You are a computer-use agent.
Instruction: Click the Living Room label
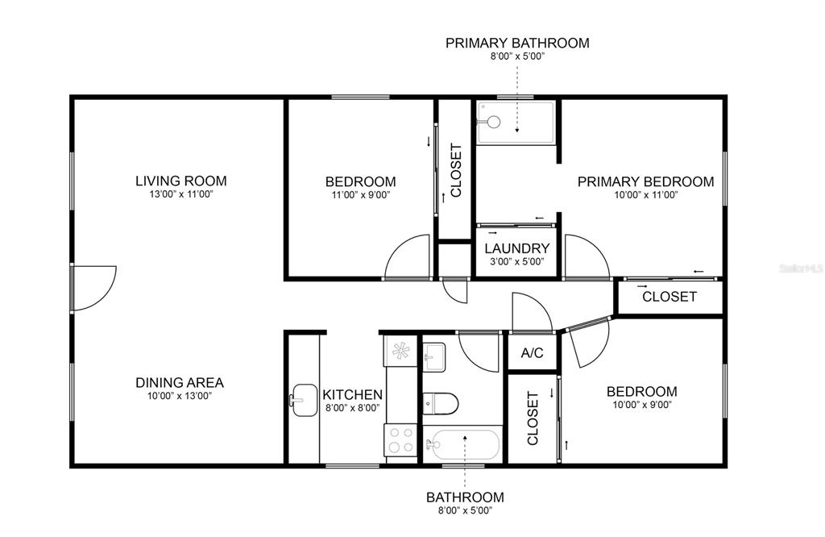pyautogui.click(x=181, y=181)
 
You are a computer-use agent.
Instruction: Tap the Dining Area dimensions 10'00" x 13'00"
pyautogui.click(x=180, y=396)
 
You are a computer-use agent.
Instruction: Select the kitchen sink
pyautogui.click(x=305, y=400)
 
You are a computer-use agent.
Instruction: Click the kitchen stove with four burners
pyautogui.click(x=400, y=440)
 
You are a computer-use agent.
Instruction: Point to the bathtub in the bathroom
pyautogui.click(x=462, y=445)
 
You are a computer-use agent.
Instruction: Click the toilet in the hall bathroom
pyautogui.click(x=441, y=404)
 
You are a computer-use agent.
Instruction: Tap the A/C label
pyautogui.click(x=532, y=352)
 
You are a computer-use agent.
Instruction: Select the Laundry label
pyautogui.click(x=516, y=248)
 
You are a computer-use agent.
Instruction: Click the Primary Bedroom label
pyautogui.click(x=645, y=181)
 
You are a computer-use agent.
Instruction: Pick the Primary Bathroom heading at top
pyautogui.click(x=517, y=43)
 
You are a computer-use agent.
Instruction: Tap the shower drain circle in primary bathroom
pyautogui.click(x=494, y=122)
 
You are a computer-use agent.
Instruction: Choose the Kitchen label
pyautogui.click(x=352, y=394)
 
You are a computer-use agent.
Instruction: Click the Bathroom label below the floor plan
pyautogui.click(x=465, y=497)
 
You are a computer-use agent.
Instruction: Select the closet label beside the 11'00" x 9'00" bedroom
pyautogui.click(x=456, y=170)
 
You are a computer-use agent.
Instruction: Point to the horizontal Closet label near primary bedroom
pyautogui.click(x=670, y=297)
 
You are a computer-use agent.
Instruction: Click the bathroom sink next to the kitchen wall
pyautogui.click(x=434, y=357)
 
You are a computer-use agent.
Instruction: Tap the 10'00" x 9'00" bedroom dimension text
pyautogui.click(x=642, y=405)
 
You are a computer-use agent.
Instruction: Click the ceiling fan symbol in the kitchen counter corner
pyautogui.click(x=400, y=351)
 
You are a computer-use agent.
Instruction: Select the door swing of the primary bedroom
pyautogui.click(x=587, y=256)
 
